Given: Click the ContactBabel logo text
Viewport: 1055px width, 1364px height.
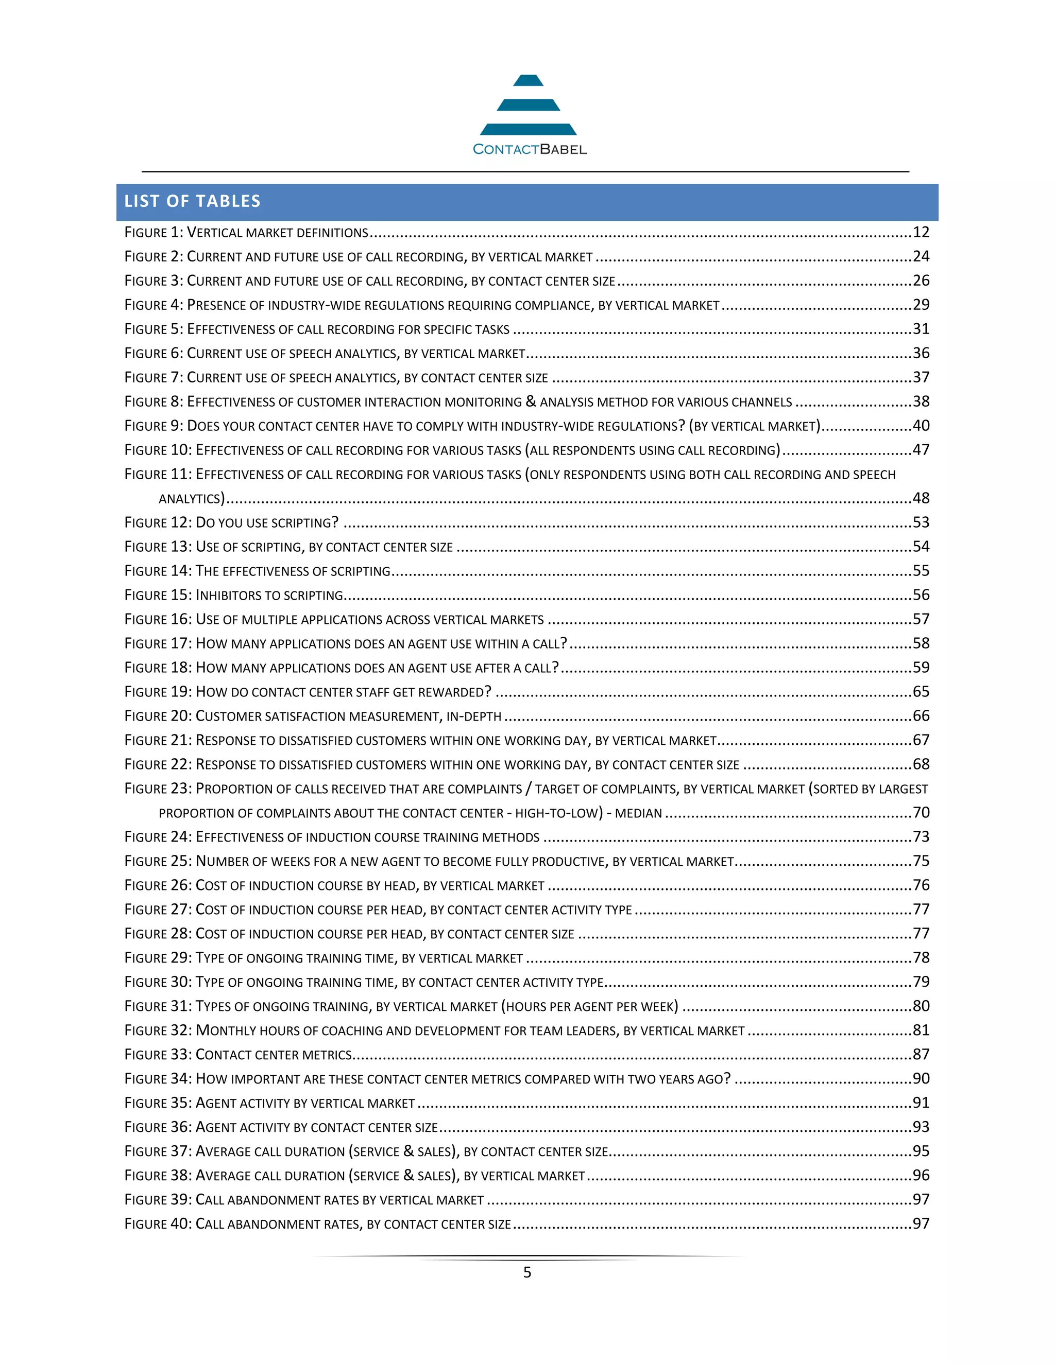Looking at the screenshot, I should [530, 149].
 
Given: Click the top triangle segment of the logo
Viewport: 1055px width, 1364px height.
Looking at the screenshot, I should [528, 81].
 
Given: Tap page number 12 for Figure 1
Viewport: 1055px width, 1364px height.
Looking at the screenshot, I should [921, 232].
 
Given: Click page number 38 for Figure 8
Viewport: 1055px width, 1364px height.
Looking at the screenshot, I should [921, 401].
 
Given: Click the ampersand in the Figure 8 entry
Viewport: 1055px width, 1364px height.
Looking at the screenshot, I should [531, 401].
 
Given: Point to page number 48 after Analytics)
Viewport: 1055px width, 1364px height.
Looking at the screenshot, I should [921, 498].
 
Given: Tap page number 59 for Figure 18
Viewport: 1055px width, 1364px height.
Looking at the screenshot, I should [921, 668].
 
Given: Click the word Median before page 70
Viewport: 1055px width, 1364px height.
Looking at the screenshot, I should [638, 813].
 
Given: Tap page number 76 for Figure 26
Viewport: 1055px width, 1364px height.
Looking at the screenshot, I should [921, 886].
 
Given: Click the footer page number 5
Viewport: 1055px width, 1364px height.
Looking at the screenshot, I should [527, 1273].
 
